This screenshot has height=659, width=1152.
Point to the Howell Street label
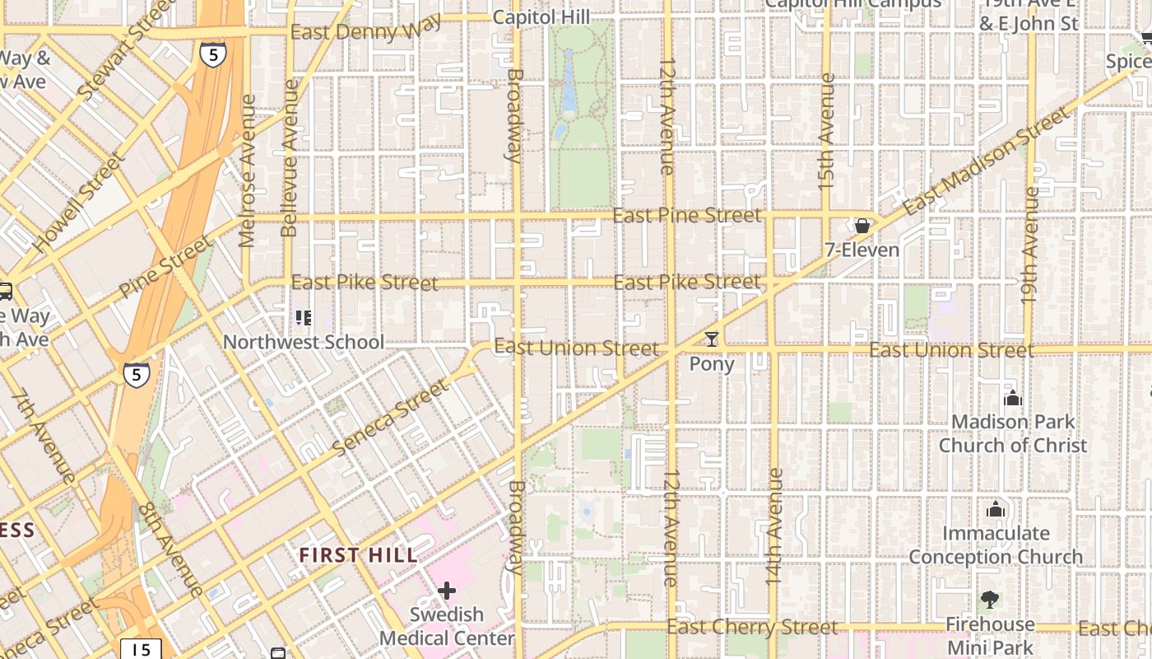tap(78, 201)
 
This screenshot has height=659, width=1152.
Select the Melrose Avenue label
tap(248, 171)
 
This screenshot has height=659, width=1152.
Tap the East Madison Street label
tap(987, 161)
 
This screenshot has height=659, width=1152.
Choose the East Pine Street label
tap(687, 216)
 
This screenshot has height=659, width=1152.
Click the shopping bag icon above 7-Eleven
tap(862, 226)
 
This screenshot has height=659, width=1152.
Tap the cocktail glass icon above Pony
tap(712, 339)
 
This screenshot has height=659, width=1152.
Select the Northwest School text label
tap(304, 342)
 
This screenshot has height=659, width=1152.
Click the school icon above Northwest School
tap(304, 317)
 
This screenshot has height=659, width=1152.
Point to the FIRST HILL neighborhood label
tap(358, 555)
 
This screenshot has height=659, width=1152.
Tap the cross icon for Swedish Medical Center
tap(447, 591)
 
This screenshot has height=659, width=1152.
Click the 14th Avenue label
tap(773, 527)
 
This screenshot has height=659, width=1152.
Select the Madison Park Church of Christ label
tap(1013, 434)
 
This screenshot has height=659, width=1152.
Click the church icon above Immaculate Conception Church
tap(996, 509)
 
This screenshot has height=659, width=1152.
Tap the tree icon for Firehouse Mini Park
tap(989, 600)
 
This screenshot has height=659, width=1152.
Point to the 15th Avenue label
tap(827, 132)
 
